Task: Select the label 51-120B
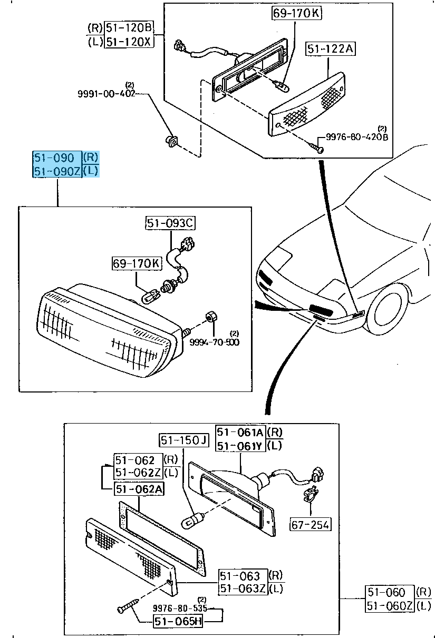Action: point(129,27)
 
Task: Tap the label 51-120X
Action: point(129,42)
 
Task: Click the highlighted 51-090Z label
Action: point(57,171)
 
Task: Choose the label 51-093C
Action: point(170,223)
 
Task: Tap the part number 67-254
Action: point(311,524)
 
